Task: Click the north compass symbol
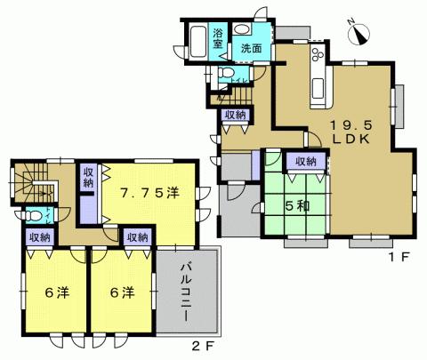pos(359,32)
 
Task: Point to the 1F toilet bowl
pos(226,73)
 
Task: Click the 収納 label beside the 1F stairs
pos(236,116)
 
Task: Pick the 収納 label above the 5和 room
pos(305,162)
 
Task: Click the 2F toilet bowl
pos(34,215)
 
